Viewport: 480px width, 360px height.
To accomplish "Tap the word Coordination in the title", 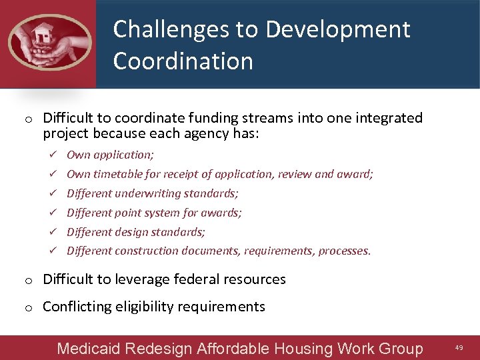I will pos(183,61).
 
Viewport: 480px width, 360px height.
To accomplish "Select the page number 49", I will pos(459,348).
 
